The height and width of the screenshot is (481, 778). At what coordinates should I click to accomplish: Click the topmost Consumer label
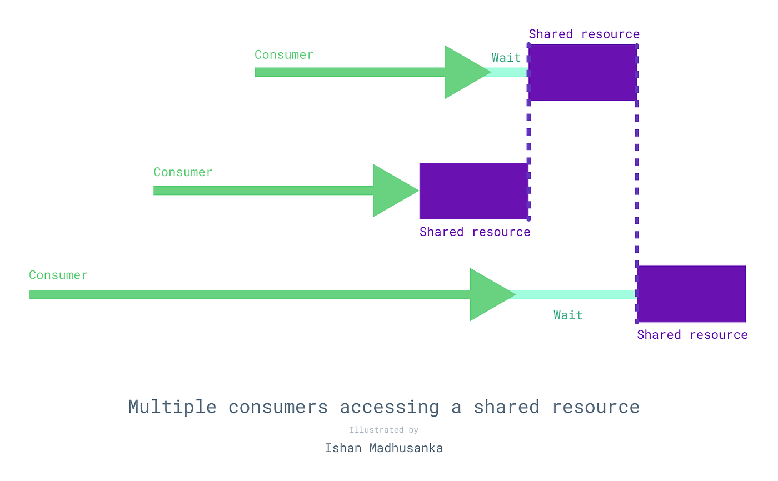[284, 55]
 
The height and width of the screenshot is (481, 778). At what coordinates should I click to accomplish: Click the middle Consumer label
[183, 172]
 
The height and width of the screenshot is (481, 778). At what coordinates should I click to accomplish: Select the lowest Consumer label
[58, 275]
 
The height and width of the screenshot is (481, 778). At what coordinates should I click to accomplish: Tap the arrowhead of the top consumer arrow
[464, 72]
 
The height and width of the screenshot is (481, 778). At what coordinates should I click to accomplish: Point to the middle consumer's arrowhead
[392, 191]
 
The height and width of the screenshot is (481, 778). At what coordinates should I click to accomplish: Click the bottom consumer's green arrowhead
[489, 294]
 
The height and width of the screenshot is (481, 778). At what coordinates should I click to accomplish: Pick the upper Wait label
[506, 58]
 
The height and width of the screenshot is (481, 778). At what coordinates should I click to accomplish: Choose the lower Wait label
[568, 315]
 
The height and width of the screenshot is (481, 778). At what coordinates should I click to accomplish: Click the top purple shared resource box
[582, 73]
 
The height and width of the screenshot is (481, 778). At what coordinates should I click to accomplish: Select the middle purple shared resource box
[473, 191]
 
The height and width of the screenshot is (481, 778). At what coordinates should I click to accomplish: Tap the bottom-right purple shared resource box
[691, 294]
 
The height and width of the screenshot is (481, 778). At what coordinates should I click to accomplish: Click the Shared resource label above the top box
[584, 34]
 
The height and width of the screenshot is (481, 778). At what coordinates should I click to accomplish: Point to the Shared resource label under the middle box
[475, 232]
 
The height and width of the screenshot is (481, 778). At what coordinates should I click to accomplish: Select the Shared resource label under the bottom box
[692, 335]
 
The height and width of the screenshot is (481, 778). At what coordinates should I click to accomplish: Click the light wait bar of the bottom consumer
[575, 294]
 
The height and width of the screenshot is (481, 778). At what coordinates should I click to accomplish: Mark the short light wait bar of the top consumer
[508, 72]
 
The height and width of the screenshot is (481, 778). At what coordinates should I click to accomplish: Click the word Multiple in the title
[172, 407]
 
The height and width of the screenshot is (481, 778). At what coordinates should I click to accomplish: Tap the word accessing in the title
[389, 407]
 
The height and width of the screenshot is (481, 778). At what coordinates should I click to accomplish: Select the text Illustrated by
[384, 430]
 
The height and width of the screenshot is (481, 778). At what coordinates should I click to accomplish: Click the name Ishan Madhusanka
[384, 448]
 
